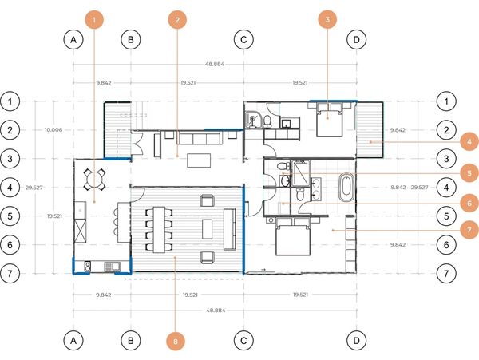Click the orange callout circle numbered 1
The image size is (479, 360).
93,19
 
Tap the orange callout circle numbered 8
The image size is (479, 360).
176,341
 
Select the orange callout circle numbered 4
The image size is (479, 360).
469,141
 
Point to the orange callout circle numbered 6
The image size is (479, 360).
469,204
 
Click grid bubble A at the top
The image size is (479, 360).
73,39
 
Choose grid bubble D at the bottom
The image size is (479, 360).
357,341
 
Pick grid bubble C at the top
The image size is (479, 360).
243,39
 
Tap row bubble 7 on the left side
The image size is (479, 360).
10,273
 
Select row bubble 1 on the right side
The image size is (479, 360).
446,101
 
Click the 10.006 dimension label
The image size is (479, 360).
53,130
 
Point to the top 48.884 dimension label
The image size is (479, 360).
215,64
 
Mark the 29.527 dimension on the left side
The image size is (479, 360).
34,188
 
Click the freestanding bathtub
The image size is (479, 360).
346,187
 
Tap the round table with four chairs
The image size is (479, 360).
95,180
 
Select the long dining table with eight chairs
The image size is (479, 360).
159,230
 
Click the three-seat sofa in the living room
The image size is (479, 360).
200,138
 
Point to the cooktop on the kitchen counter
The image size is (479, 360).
88,267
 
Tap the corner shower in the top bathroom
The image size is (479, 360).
253,119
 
